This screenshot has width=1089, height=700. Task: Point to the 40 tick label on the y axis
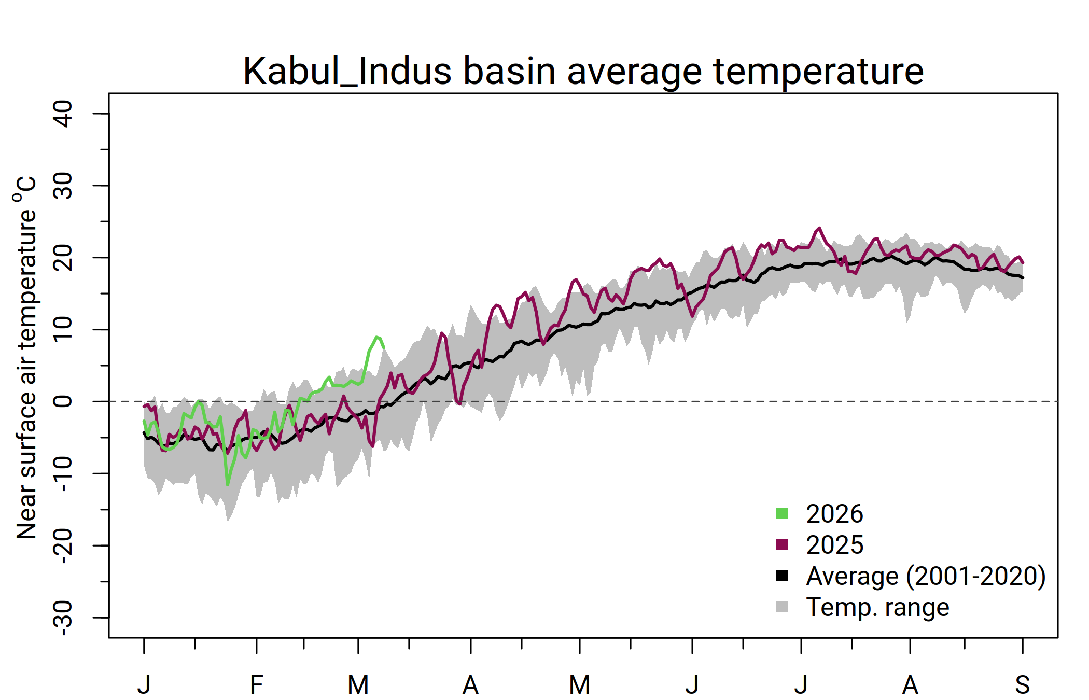pyautogui.click(x=63, y=114)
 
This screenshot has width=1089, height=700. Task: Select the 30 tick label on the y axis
pyautogui.click(x=63, y=186)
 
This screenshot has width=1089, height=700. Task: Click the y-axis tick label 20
pyautogui.click(x=63, y=258)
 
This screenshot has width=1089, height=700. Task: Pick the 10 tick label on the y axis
pyautogui.click(x=63, y=330)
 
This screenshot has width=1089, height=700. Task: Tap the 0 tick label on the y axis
pyautogui.click(x=63, y=401)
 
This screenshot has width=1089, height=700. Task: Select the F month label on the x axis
pyautogui.click(x=256, y=685)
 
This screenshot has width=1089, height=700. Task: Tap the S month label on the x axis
pyautogui.click(x=1022, y=685)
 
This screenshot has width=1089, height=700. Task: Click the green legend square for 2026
pyautogui.click(x=782, y=513)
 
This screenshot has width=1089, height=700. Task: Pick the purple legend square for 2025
pyautogui.click(x=782, y=544)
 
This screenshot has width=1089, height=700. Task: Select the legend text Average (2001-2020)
pyautogui.click(x=926, y=576)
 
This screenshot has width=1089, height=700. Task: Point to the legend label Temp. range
pyautogui.click(x=877, y=607)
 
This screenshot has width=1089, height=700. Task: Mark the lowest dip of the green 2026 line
pyautogui.click(x=228, y=485)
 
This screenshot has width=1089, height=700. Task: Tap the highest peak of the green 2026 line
pyautogui.click(x=377, y=337)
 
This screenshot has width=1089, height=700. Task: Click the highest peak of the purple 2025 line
pyautogui.click(x=819, y=228)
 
